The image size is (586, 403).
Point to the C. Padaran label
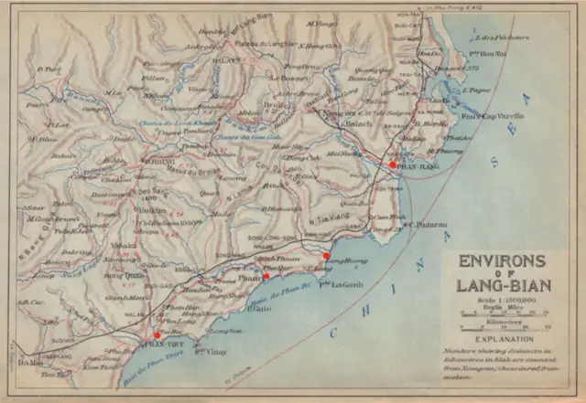pyautogui.click(x=427, y=223)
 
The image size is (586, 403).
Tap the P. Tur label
pyautogui.click(x=52, y=69)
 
